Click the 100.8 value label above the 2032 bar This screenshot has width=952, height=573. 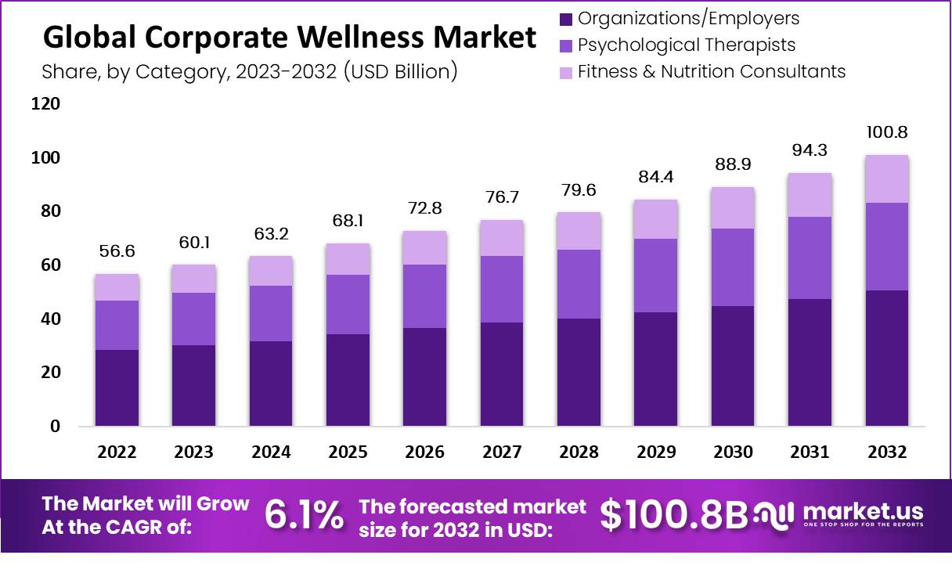tap(887, 132)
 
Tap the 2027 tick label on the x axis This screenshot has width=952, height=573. tap(501, 452)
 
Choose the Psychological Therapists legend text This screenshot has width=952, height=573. tap(686, 45)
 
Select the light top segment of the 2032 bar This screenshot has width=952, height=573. tap(887, 178)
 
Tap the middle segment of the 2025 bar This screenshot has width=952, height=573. tap(348, 305)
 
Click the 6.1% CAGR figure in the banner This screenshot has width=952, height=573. tap(304, 514)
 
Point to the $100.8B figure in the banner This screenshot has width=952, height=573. tap(674, 514)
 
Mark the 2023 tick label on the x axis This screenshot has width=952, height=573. tap(193, 452)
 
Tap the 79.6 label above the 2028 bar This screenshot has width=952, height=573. tap(579, 191)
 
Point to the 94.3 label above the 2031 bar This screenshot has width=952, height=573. tap(810, 150)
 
